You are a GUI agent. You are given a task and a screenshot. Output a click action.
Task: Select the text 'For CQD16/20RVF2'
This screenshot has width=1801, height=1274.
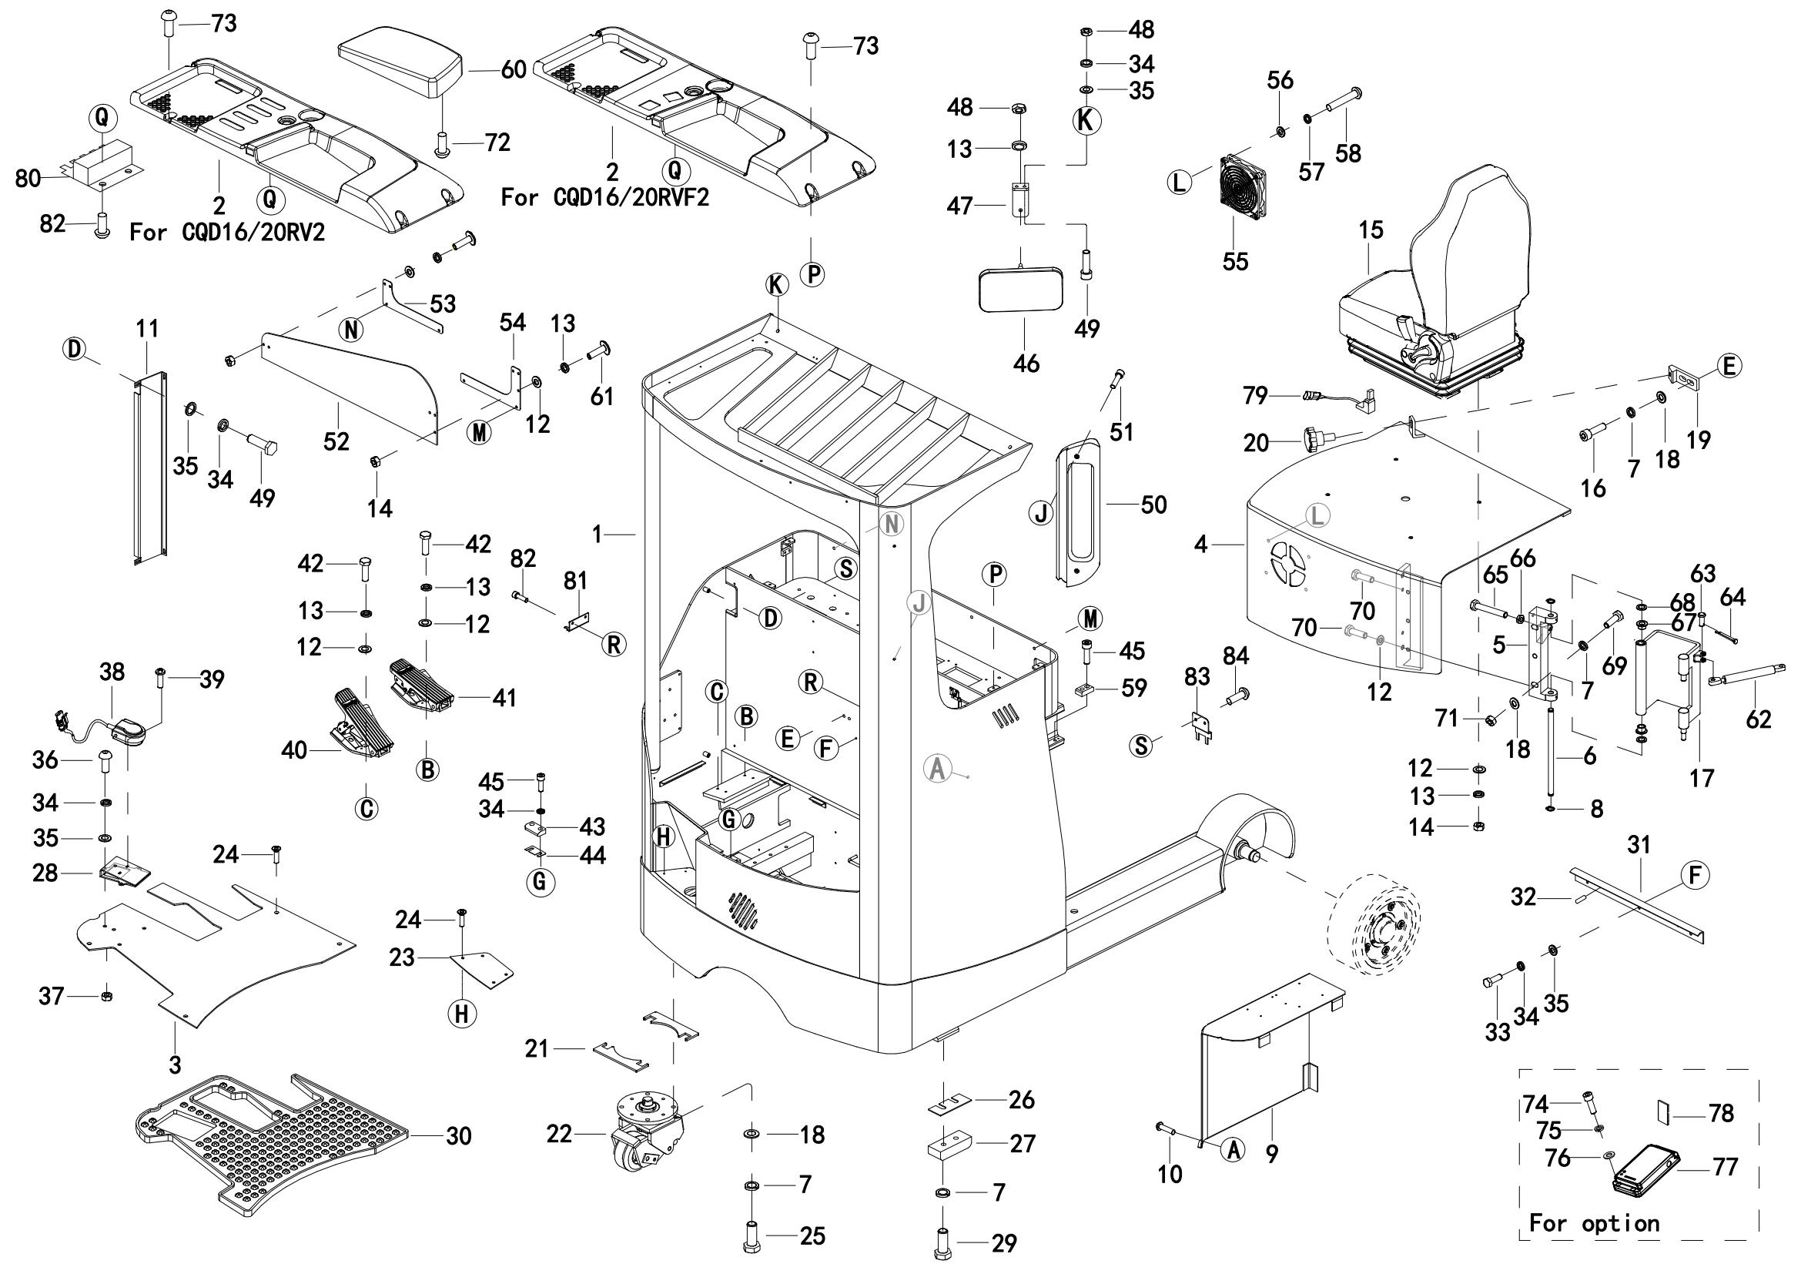pos(604,198)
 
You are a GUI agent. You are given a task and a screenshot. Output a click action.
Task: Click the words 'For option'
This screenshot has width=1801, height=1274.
pos(1594,1223)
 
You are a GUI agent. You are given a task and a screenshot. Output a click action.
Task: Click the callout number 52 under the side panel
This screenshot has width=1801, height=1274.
pos(336,441)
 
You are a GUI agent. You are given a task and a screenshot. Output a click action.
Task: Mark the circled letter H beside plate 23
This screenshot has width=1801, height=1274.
pos(461,1014)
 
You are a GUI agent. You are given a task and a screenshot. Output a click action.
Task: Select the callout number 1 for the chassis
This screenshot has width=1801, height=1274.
pos(598,535)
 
